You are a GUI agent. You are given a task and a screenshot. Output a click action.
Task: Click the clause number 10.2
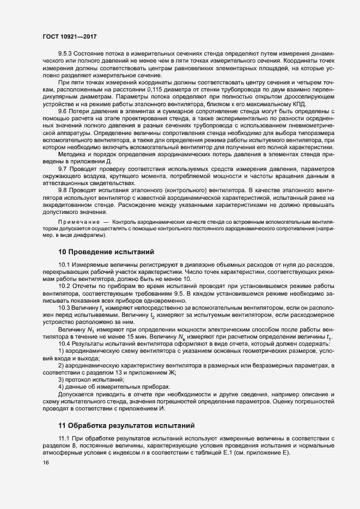coord(64,286)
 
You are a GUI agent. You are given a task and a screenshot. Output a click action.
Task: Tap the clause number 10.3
coord(64,308)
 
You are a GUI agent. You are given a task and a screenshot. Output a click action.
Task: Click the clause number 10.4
coord(64,344)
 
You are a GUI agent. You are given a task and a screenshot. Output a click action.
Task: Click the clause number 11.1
coord(64,439)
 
